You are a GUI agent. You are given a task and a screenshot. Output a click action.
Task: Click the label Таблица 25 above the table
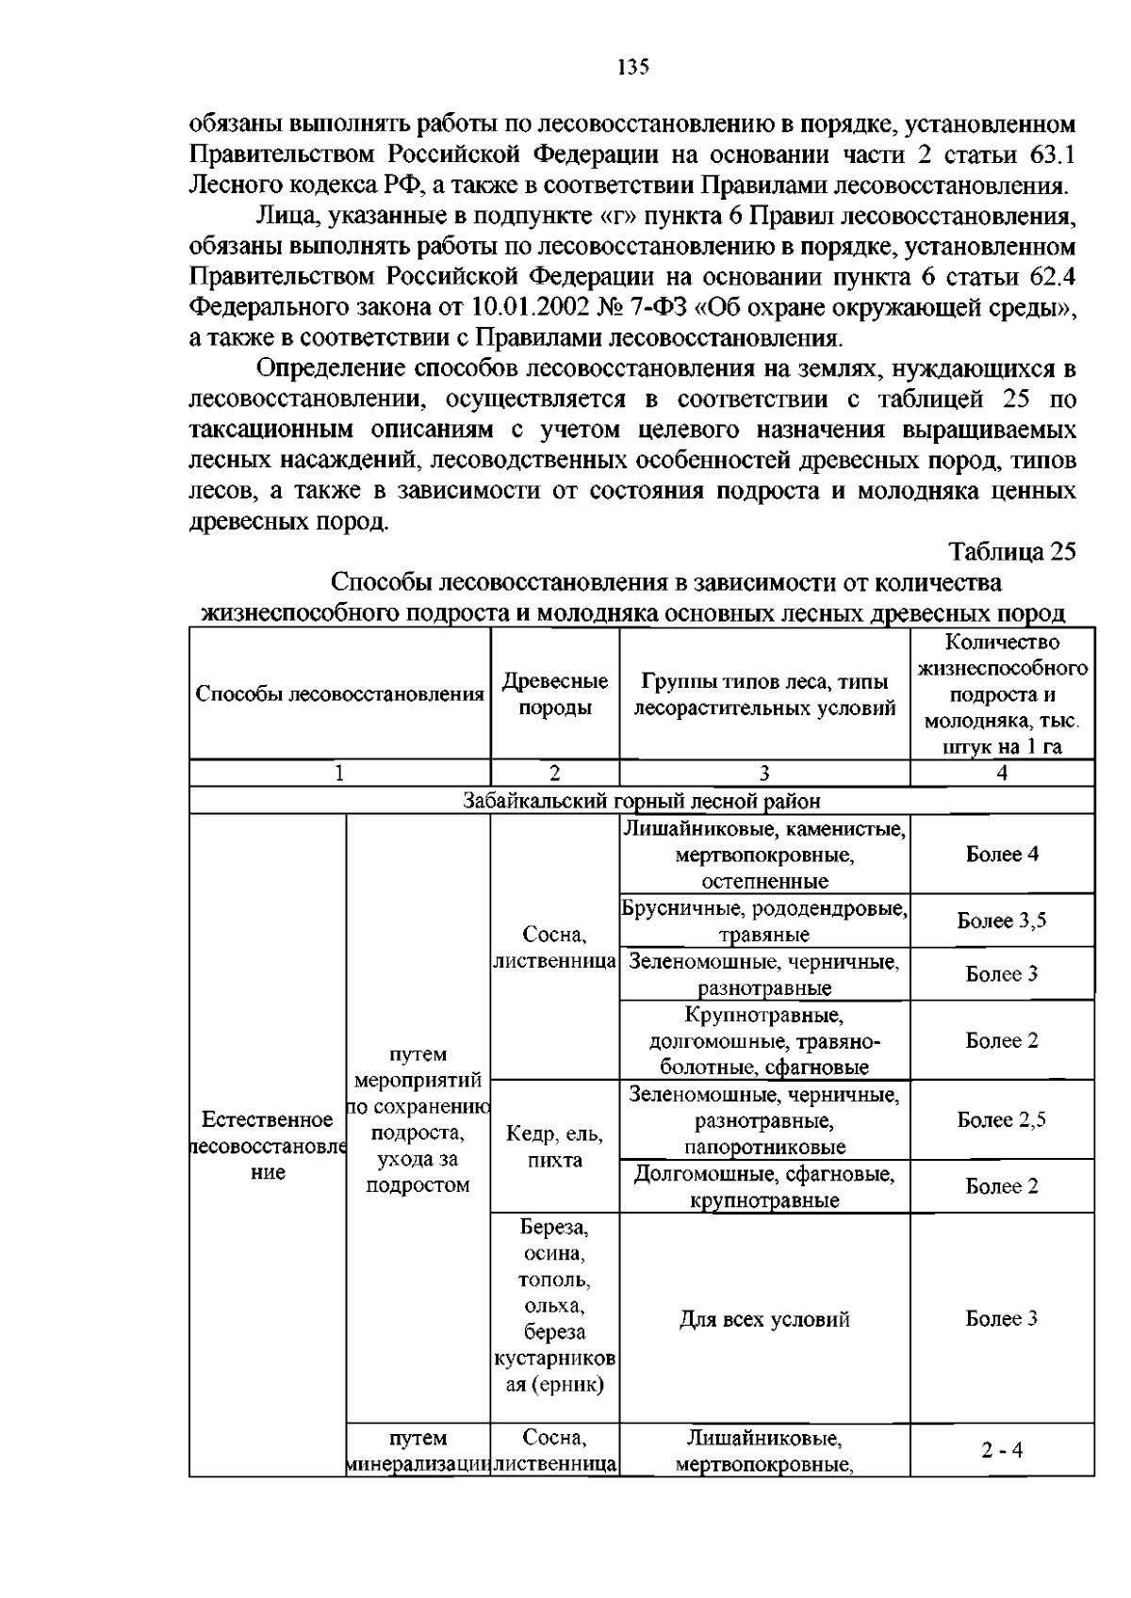(1011, 552)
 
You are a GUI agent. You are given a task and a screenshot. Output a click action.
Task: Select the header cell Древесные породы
(554, 694)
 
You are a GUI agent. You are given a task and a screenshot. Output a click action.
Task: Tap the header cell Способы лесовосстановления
(339, 694)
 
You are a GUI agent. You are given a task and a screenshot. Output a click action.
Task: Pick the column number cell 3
(764, 774)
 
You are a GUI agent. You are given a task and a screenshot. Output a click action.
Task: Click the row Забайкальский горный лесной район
(641, 801)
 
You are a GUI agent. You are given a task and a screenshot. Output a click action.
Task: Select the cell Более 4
(1002, 855)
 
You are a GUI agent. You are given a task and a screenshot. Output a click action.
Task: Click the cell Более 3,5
(1002, 921)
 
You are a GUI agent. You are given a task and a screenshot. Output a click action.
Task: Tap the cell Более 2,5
(1002, 1120)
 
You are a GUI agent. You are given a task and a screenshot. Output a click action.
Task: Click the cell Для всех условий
(764, 1319)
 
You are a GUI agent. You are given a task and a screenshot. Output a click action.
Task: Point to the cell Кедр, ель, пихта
(554, 1147)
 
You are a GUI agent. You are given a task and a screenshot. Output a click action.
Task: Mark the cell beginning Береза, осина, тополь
(554, 1306)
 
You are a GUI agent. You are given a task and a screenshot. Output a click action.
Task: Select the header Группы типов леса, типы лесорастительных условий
(764, 694)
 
